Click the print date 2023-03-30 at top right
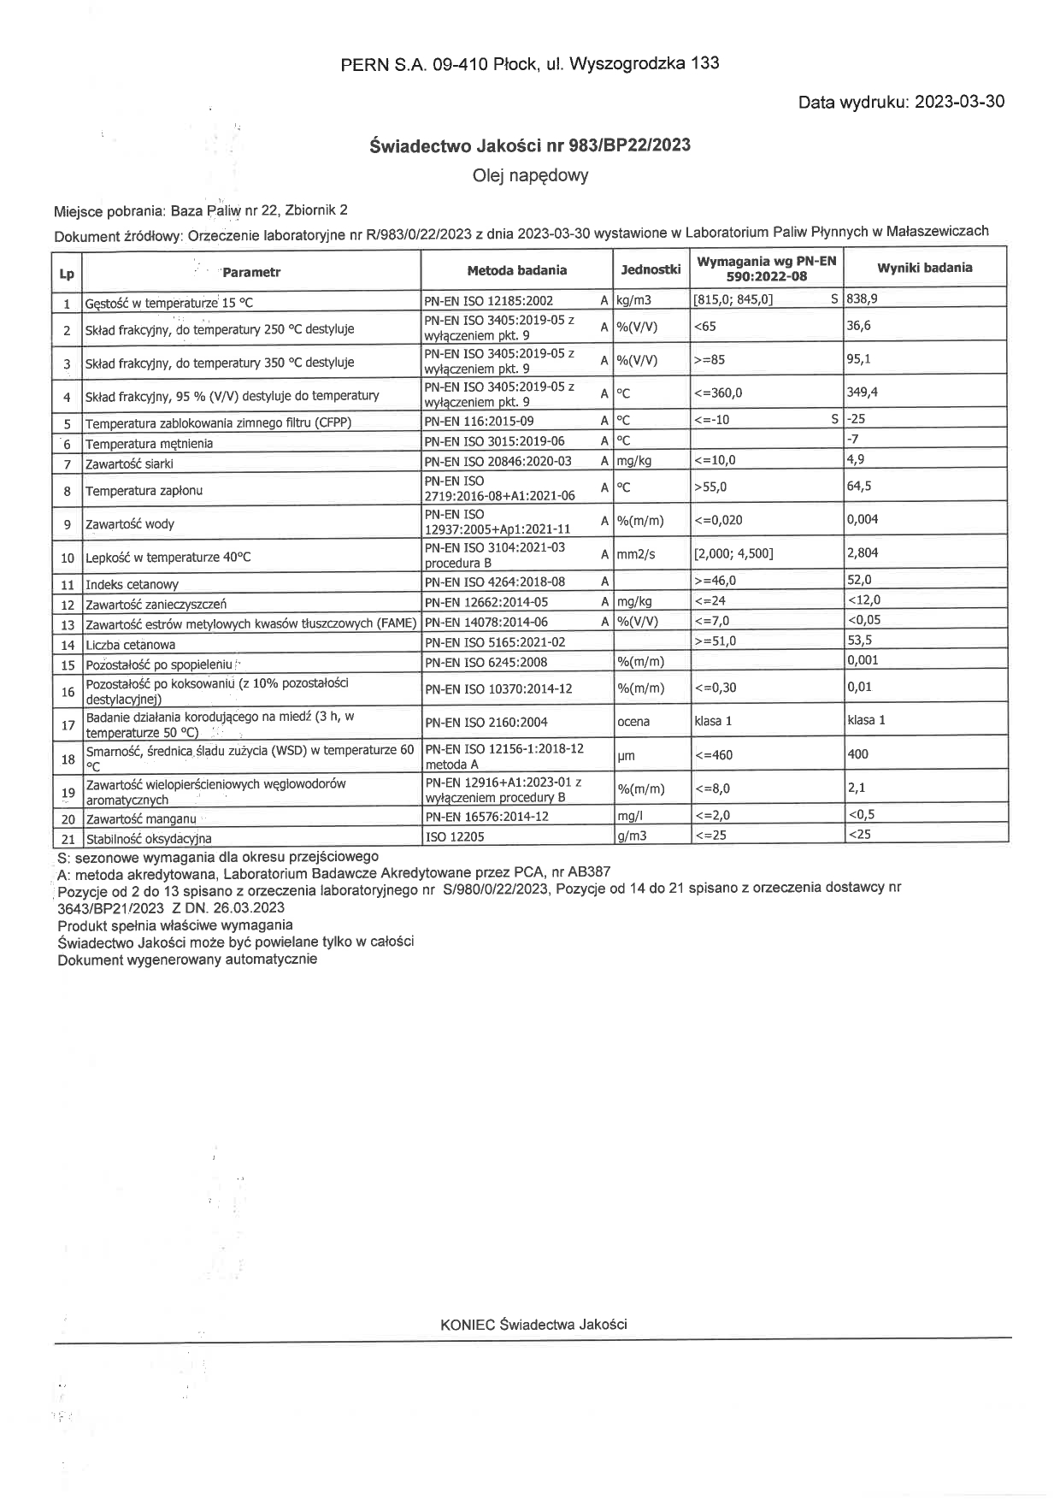[x=959, y=102]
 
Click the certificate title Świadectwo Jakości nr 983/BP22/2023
[x=530, y=145]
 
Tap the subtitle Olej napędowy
[x=530, y=176]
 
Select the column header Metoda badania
[x=516, y=270]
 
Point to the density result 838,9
[x=862, y=299]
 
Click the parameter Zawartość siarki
[x=129, y=464]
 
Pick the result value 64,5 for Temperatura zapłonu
[x=859, y=486]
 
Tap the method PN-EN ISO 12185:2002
[x=489, y=301]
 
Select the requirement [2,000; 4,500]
[x=733, y=553]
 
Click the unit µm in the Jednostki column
[x=626, y=756]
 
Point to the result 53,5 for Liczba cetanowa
[x=859, y=640]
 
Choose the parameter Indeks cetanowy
[x=132, y=585]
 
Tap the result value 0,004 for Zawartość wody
[x=863, y=519]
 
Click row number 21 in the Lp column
[x=68, y=838]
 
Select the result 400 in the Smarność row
[x=857, y=754]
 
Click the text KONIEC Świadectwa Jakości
[x=533, y=1325]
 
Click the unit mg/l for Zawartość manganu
[x=629, y=817]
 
